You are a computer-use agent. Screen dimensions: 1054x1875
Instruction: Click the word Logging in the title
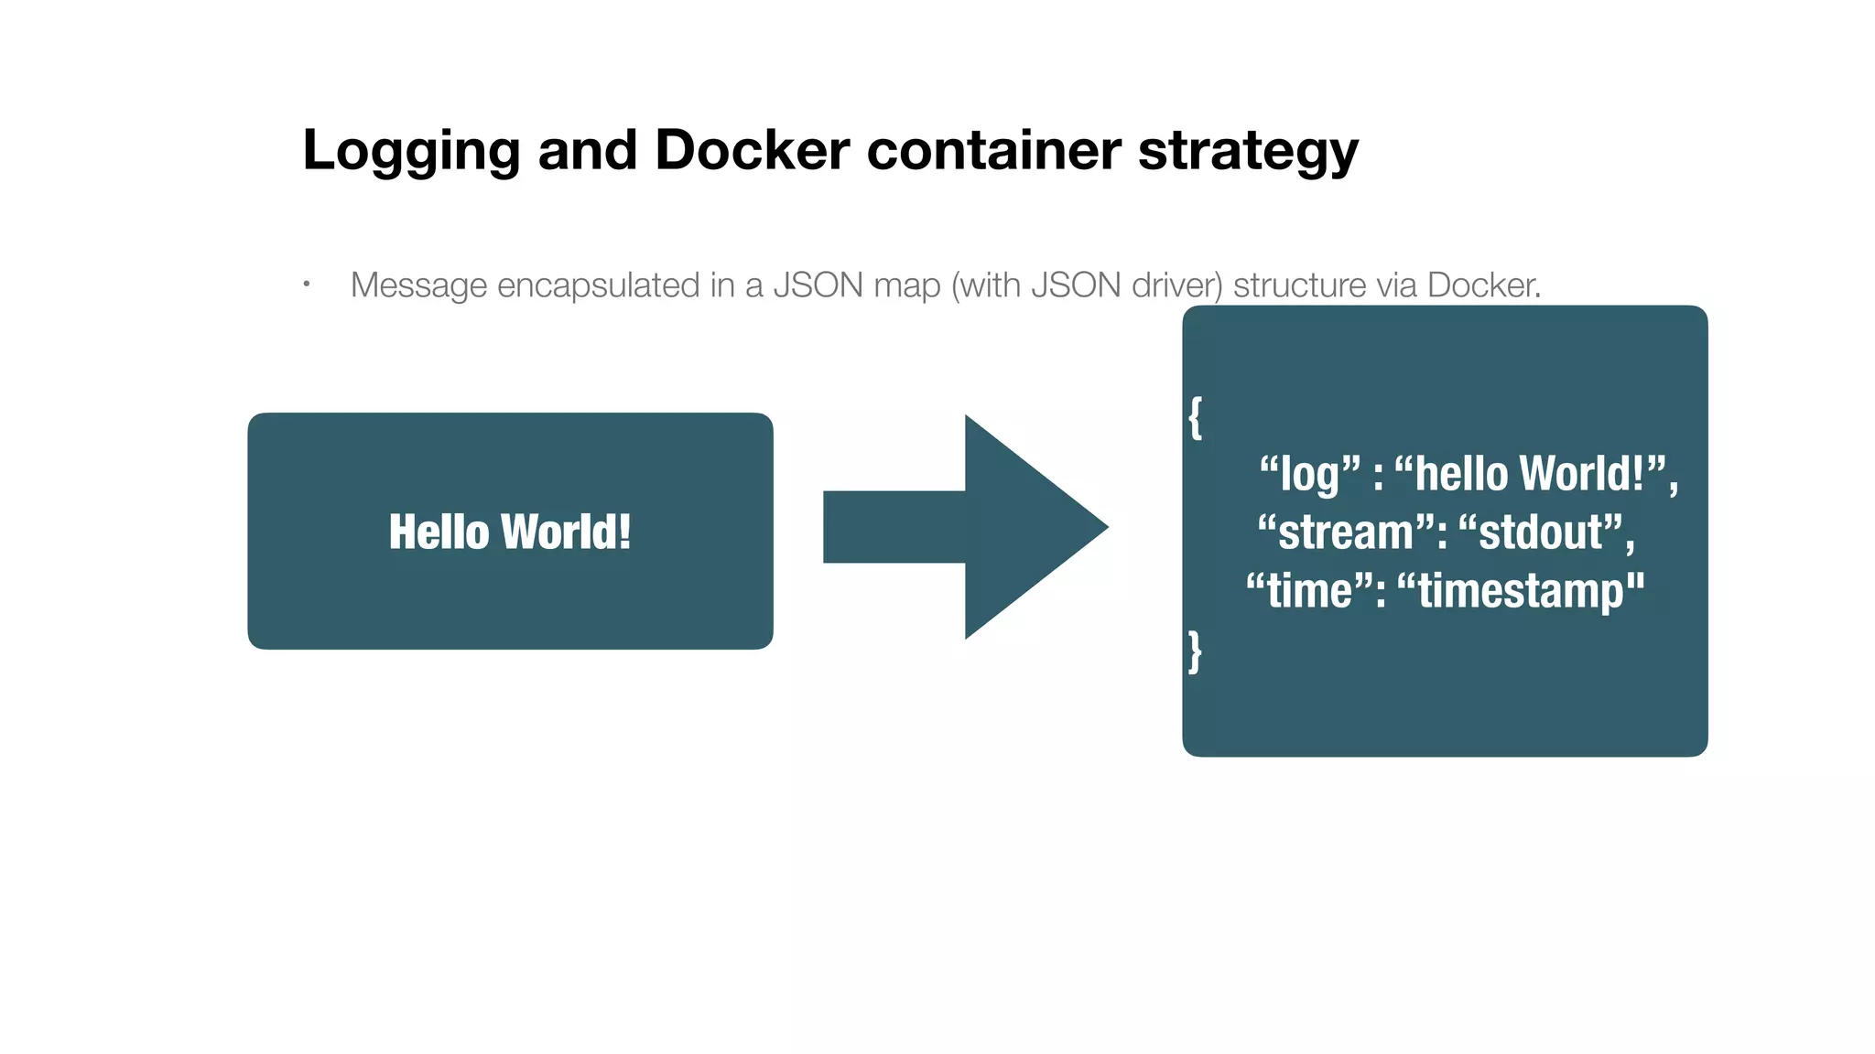[x=410, y=151]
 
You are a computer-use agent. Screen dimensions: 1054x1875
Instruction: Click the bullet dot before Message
[x=307, y=285]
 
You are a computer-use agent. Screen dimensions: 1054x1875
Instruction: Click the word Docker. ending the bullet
[x=1483, y=285]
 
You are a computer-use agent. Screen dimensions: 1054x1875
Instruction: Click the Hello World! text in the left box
[x=510, y=532]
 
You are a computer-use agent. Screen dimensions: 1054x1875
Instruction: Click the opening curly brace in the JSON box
[x=1195, y=418]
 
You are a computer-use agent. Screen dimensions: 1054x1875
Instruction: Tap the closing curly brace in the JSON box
[x=1195, y=651]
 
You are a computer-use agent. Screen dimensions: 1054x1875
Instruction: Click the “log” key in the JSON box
[x=1310, y=474]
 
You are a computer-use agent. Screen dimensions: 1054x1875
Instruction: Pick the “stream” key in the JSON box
[x=1345, y=532]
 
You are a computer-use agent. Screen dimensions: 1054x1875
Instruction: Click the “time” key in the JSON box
[x=1309, y=590]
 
